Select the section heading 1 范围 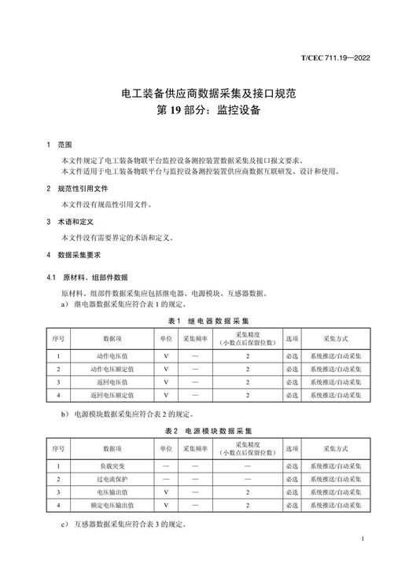59,145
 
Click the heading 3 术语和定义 70,222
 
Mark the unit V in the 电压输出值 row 166,492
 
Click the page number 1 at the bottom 361,539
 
